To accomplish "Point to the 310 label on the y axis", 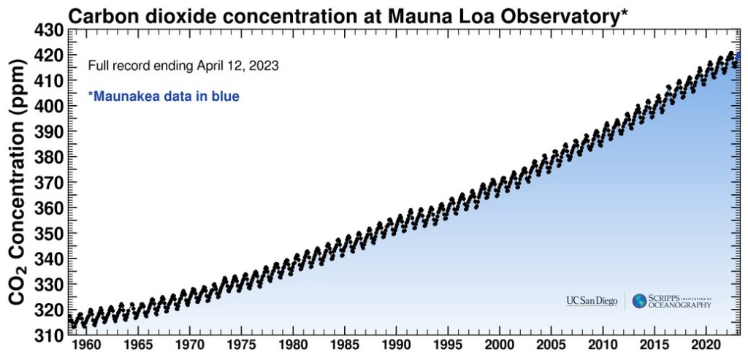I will coord(48,335).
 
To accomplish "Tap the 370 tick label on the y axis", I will coord(48,183).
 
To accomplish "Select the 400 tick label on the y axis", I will coord(48,106).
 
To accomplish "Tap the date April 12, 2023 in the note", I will coord(237,66).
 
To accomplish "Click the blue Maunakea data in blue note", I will coord(164,96).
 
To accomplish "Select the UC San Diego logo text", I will coord(591,301).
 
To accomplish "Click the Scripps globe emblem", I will coord(639,301).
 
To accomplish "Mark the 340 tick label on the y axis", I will coord(48,258).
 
